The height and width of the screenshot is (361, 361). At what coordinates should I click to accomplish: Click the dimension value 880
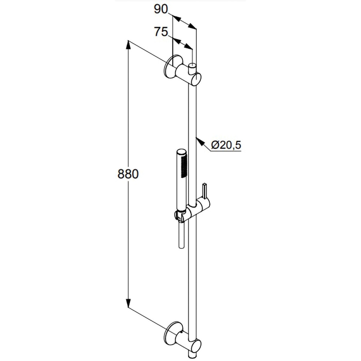[128, 174]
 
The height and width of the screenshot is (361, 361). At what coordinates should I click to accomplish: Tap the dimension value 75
[161, 32]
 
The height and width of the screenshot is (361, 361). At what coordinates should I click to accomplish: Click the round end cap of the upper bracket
[196, 79]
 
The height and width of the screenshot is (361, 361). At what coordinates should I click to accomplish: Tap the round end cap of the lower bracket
[196, 347]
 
